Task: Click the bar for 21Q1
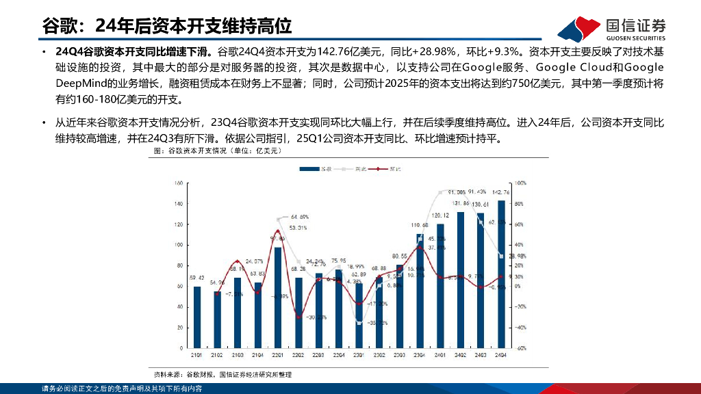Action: point(197,317)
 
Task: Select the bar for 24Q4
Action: point(501,274)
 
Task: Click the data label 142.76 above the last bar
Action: point(501,193)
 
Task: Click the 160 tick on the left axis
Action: point(177,183)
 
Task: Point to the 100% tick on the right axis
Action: point(520,183)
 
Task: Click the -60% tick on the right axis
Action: point(520,348)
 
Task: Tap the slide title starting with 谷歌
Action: point(167,26)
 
